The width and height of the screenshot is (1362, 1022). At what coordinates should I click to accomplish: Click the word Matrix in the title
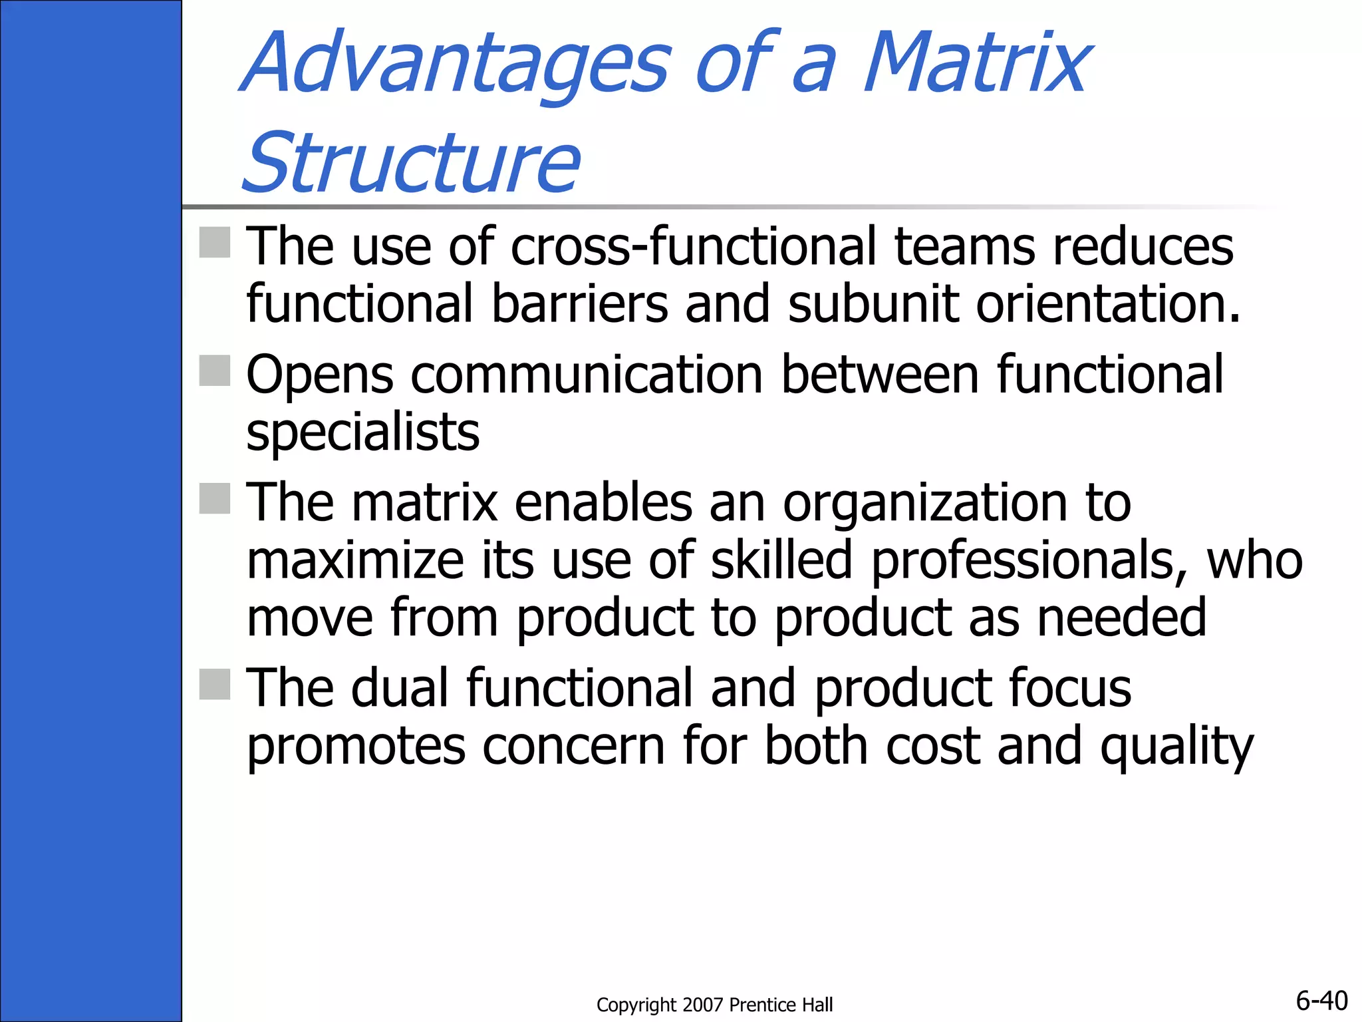pyautogui.click(x=976, y=63)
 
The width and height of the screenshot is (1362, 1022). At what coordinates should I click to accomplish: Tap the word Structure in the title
pyautogui.click(x=411, y=163)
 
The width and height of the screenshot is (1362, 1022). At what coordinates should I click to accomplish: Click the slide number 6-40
pyautogui.click(x=1321, y=1000)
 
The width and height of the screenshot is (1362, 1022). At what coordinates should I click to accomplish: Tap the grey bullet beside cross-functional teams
pyautogui.click(x=215, y=242)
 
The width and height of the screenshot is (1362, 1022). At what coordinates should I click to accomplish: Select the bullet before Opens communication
pyautogui.click(x=215, y=371)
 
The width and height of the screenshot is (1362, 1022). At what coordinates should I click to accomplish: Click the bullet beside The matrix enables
pyautogui.click(x=215, y=498)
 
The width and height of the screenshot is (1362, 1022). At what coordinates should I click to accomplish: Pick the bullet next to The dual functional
pyautogui.click(x=215, y=685)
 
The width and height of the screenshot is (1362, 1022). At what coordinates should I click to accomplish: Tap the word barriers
pyautogui.click(x=579, y=304)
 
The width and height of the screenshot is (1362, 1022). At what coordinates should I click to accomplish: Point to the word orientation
pyautogui.click(x=1108, y=304)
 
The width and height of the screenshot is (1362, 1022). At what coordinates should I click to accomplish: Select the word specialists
pyautogui.click(x=362, y=432)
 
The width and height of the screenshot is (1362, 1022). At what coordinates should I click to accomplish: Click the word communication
pyautogui.click(x=587, y=375)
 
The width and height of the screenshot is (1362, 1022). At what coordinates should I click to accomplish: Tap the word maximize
pyautogui.click(x=354, y=560)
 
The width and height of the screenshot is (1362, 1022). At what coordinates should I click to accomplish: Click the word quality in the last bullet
pyautogui.click(x=1176, y=747)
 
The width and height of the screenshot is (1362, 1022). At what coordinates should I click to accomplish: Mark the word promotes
pyautogui.click(x=356, y=747)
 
